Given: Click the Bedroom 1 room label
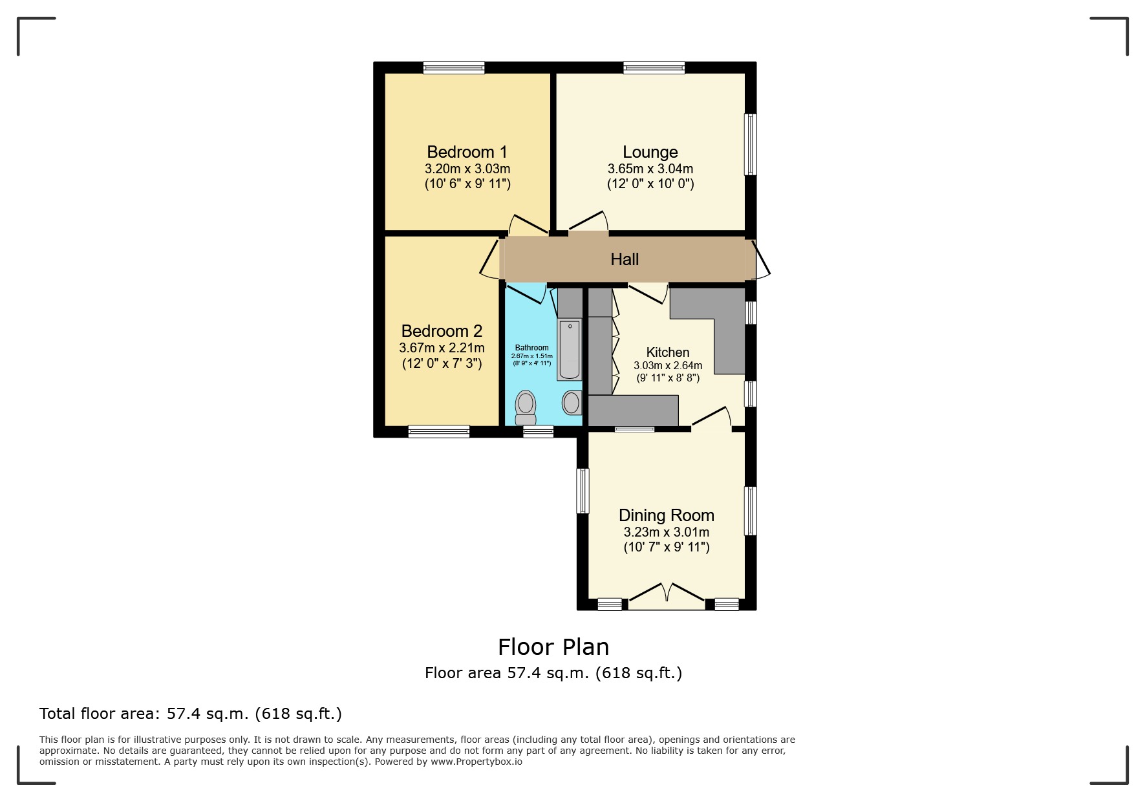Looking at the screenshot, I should [x=467, y=152].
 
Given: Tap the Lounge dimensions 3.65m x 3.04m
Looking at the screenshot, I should [x=650, y=169].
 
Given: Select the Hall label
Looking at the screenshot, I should [x=625, y=259].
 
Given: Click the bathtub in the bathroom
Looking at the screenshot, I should [x=570, y=349].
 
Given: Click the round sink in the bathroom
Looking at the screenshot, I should [x=572, y=403].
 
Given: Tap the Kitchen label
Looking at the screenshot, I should [x=667, y=352].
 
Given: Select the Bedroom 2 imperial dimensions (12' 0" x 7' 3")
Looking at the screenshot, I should [x=442, y=363].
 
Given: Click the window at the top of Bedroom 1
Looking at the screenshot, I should [x=454, y=67].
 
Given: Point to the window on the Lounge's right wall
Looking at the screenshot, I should [x=750, y=144].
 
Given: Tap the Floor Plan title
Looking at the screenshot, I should [x=553, y=646].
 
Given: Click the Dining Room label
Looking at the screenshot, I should [x=666, y=515].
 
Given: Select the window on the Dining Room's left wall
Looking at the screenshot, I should [x=583, y=491].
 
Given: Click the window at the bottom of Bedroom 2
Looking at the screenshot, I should [x=438, y=431].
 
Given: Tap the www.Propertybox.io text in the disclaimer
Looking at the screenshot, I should [x=476, y=762].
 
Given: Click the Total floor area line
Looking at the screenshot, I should [x=191, y=714].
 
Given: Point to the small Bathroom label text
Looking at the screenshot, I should [x=531, y=348].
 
